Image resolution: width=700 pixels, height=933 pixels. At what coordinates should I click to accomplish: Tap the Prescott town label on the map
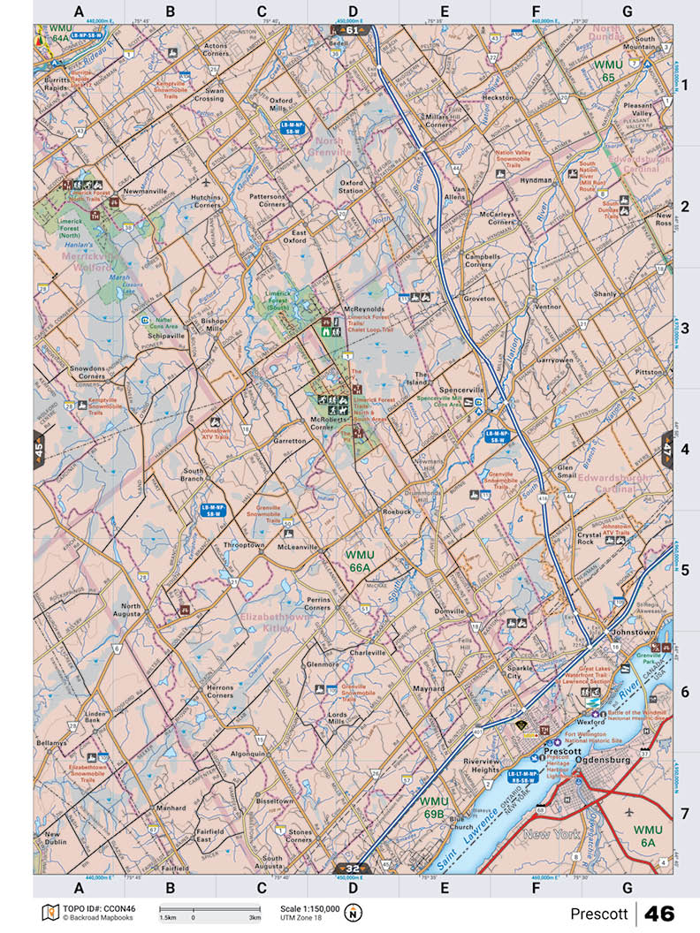pos(562,750)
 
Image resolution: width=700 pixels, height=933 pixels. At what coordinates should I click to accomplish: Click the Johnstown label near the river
pos(634,633)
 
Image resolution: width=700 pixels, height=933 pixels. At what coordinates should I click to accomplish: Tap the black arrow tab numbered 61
pos(353,29)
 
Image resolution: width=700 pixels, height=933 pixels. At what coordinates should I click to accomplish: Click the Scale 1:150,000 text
pos(309,908)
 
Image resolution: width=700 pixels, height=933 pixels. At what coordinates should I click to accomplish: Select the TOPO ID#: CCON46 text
pos(93,908)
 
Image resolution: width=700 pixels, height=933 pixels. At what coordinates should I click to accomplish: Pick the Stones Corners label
pos(300,835)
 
